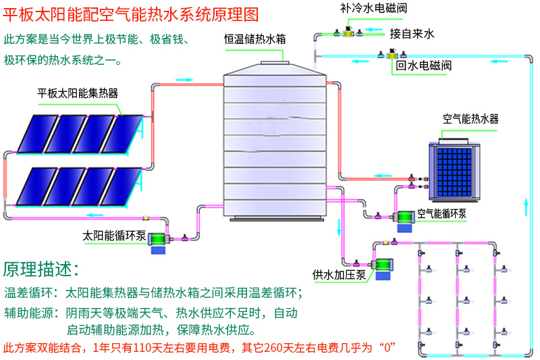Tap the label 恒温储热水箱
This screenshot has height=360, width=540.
[255, 39]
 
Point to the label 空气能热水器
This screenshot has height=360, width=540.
[470, 119]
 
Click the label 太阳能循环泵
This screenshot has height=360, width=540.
[114, 236]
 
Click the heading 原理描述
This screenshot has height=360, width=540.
[40, 268]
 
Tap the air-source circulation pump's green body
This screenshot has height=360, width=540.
[405, 217]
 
